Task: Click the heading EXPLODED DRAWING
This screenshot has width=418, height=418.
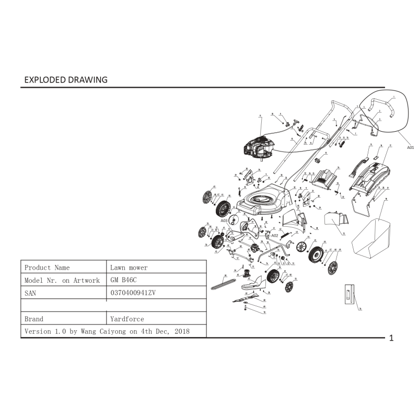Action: (x=66, y=80)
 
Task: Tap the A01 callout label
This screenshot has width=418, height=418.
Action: (x=410, y=148)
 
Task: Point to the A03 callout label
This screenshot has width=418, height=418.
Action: (x=224, y=220)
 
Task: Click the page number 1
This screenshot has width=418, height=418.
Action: (x=391, y=338)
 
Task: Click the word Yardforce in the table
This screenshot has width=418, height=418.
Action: (x=127, y=319)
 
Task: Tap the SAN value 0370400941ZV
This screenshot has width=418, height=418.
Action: (x=133, y=293)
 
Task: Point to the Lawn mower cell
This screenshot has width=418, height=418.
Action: (x=129, y=268)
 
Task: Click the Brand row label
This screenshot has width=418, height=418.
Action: (x=34, y=319)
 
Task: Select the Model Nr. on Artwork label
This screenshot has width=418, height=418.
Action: (x=62, y=280)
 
